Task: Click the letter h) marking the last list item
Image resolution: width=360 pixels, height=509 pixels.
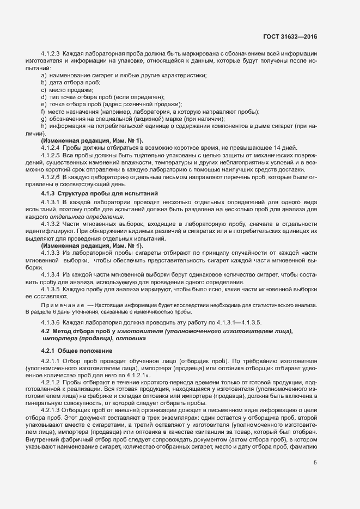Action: (44, 126)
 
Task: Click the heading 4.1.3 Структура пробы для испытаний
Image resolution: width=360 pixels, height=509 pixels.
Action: (99, 193)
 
